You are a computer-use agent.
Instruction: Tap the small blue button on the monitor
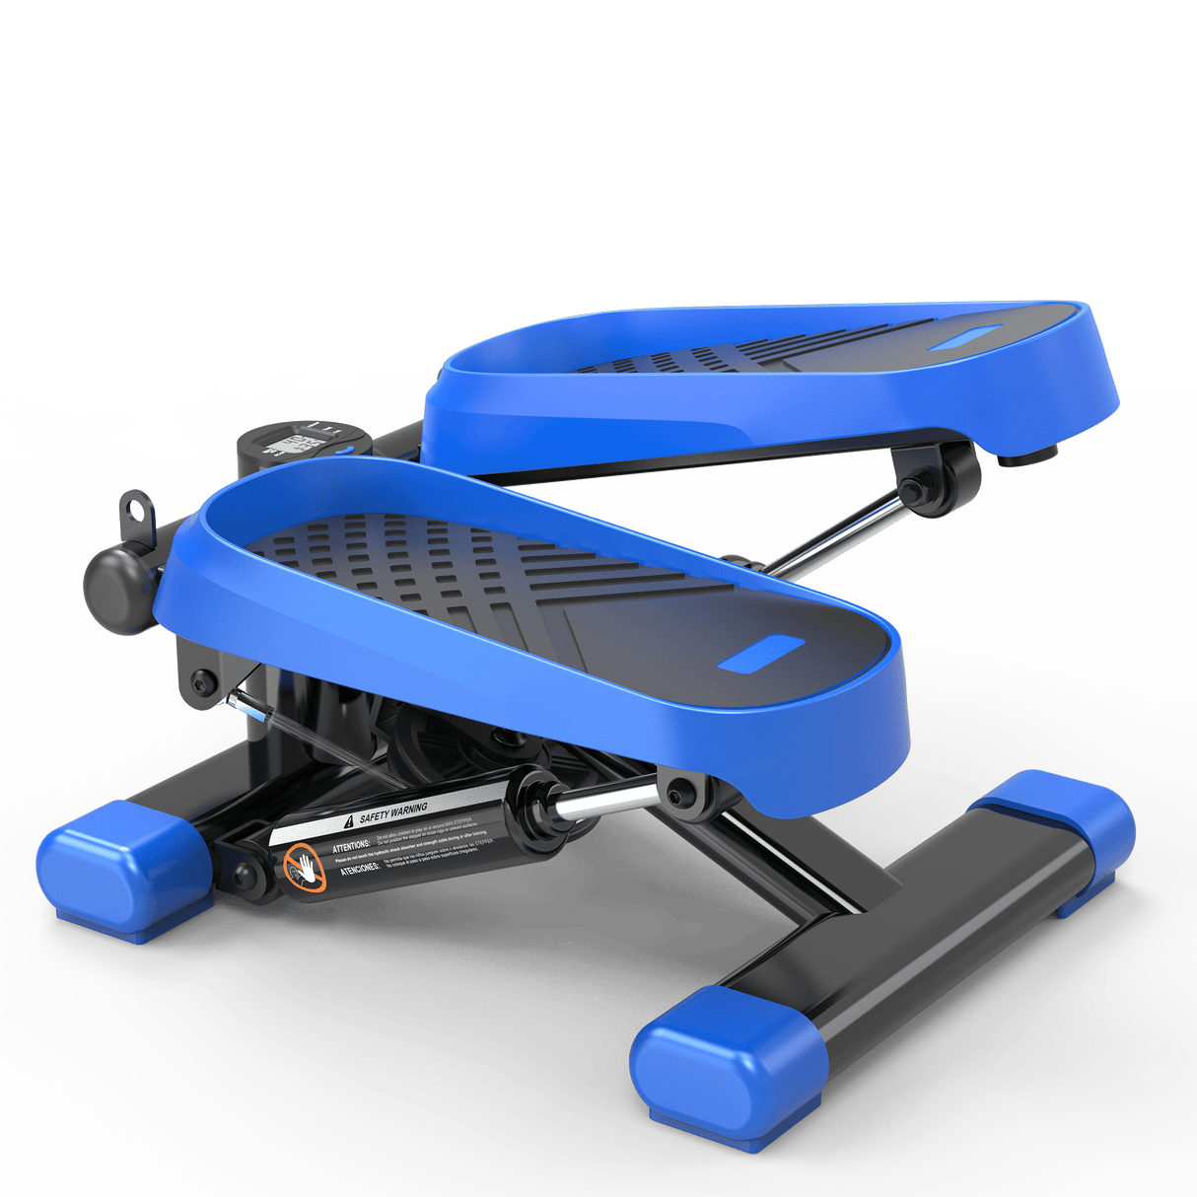pyautogui.click(x=344, y=453)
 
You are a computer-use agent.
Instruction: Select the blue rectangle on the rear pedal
pyautogui.click(x=970, y=338)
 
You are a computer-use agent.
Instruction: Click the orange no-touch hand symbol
pyautogui.click(x=305, y=869)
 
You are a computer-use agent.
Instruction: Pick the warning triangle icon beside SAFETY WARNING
pyautogui.click(x=347, y=821)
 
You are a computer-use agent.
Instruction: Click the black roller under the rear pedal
pyautogui.click(x=952, y=479)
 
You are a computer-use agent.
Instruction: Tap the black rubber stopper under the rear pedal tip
pyautogui.click(x=1026, y=456)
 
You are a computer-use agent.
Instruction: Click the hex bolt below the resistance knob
pyautogui.click(x=204, y=680)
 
